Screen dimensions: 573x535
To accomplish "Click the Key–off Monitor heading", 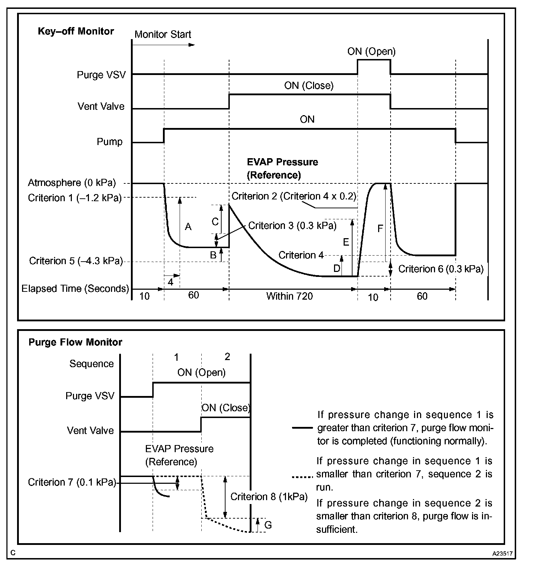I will click(x=76, y=31).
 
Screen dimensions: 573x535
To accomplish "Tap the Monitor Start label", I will click(x=163, y=34).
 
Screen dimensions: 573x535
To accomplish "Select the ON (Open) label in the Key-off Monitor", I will click(x=371, y=52).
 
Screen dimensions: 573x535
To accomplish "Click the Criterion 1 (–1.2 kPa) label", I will click(x=75, y=198).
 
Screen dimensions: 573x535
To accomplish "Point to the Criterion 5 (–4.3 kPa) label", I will click(x=76, y=261).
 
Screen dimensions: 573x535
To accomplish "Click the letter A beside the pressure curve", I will click(x=188, y=226).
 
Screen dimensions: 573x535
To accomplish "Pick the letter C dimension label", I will click(x=215, y=222).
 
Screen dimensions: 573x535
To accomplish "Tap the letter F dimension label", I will click(x=380, y=229).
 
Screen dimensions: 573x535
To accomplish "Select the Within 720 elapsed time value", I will click(x=289, y=296).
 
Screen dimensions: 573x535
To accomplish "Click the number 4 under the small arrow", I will click(x=170, y=282).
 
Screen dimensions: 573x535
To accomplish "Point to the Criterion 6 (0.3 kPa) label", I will click(x=441, y=269).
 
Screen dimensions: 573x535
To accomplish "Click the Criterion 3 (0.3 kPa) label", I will click(x=292, y=226).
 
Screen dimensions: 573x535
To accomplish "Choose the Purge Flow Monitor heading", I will click(x=75, y=342).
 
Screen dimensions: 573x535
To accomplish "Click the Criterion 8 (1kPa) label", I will click(x=269, y=497).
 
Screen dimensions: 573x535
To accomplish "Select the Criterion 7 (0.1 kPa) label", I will click(x=72, y=482).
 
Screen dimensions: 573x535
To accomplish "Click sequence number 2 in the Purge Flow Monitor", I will click(x=227, y=357).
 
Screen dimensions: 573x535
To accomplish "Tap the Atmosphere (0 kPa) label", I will click(x=72, y=183).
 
